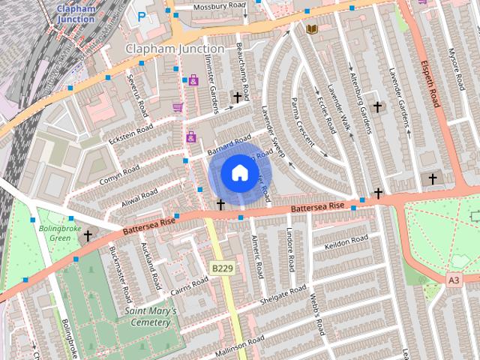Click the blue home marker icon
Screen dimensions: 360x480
click(x=238, y=172)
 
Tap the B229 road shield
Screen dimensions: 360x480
click(x=221, y=268)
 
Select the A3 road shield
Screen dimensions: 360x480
click(x=453, y=279)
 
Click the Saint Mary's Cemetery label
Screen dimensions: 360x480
click(x=151, y=316)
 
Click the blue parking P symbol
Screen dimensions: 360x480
click(x=142, y=14)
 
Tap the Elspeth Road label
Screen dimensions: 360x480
click(x=428, y=82)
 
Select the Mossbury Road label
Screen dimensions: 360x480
click(x=220, y=7)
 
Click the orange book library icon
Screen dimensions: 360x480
click(x=312, y=28)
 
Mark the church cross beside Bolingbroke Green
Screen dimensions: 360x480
click(x=88, y=235)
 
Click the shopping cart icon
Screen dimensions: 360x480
click(x=178, y=107)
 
